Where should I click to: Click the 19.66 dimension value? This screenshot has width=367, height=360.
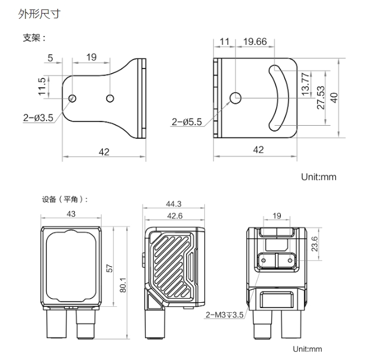click(254, 41)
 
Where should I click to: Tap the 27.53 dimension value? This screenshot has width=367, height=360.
click(321, 97)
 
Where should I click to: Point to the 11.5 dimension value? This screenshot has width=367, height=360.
click(41, 86)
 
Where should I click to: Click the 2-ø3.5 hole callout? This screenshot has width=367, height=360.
click(38, 117)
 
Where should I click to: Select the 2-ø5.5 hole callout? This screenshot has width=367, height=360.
click(187, 122)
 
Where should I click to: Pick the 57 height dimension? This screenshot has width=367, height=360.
click(109, 269)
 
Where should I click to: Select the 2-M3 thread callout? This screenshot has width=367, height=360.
click(224, 315)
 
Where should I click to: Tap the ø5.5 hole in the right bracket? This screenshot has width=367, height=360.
click(235, 97)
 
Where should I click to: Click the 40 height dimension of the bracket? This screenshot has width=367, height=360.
click(335, 97)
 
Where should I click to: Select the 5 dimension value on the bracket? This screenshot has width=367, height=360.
click(50, 58)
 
